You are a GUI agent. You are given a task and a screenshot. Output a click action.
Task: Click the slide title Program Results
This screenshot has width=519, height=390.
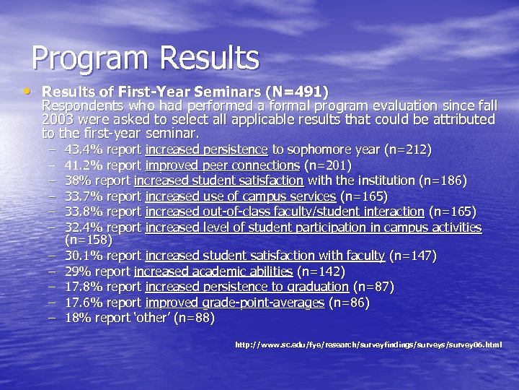(145, 58)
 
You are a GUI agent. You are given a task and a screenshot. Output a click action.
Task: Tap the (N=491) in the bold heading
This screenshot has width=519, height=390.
(296, 92)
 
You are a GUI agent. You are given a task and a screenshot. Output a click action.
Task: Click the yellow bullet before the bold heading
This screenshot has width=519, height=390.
(27, 92)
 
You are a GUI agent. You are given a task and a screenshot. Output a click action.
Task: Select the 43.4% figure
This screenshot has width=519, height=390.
(81, 150)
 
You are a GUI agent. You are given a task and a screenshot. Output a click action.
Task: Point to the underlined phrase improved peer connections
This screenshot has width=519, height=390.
(221, 165)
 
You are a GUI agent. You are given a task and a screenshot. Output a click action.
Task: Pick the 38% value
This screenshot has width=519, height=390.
(76, 181)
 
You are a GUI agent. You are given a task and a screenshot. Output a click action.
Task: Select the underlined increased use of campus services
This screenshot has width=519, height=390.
(240, 196)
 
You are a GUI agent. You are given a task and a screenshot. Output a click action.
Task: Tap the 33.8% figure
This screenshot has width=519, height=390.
(81, 212)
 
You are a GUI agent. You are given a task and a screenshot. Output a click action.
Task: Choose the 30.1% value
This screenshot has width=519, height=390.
(81, 255)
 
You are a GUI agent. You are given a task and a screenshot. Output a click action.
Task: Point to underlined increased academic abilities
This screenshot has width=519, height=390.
(213, 272)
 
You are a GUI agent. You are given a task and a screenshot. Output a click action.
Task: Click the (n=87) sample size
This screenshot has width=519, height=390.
(374, 287)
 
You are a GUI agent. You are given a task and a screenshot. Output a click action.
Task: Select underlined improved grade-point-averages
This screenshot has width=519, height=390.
(234, 303)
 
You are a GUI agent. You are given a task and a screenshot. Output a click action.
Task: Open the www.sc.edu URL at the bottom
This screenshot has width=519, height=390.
(368, 344)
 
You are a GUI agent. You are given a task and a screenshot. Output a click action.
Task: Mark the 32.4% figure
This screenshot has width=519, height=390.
(81, 227)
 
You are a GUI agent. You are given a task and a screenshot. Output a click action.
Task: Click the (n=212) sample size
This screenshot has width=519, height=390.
(409, 150)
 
